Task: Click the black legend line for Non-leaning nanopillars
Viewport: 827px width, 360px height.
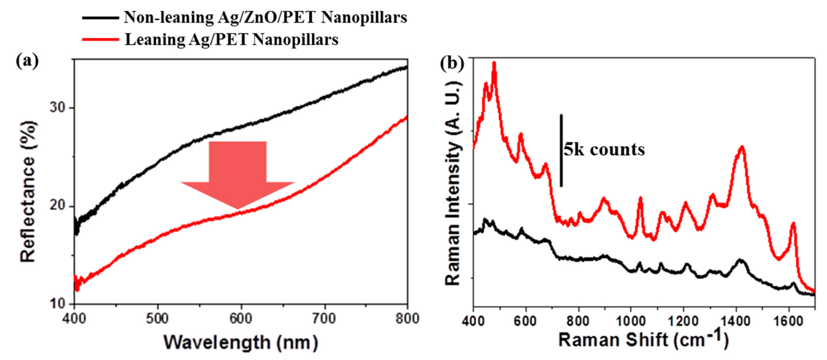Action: click(x=100, y=18)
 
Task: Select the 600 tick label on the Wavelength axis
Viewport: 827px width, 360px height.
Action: click(x=241, y=319)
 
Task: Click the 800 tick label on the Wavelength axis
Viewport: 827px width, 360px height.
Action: click(x=407, y=319)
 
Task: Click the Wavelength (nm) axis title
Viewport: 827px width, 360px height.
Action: click(x=241, y=343)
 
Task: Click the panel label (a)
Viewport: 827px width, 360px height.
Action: click(x=27, y=61)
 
